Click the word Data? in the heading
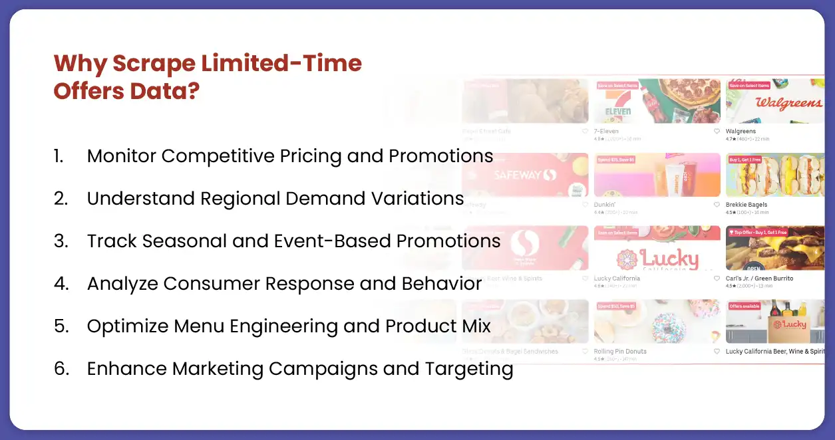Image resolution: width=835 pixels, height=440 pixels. (x=166, y=91)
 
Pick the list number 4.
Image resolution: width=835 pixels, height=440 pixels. (x=61, y=284)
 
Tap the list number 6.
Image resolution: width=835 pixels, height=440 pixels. (x=61, y=369)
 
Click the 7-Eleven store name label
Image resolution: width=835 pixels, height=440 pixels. (x=607, y=132)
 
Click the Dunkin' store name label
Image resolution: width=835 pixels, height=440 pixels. (x=604, y=205)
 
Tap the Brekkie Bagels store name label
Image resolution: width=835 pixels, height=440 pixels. (x=746, y=205)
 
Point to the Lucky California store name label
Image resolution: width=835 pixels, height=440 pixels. (x=617, y=278)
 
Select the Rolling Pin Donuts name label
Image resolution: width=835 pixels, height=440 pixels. (x=620, y=352)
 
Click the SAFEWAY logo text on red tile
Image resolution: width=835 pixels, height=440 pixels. (x=524, y=175)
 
